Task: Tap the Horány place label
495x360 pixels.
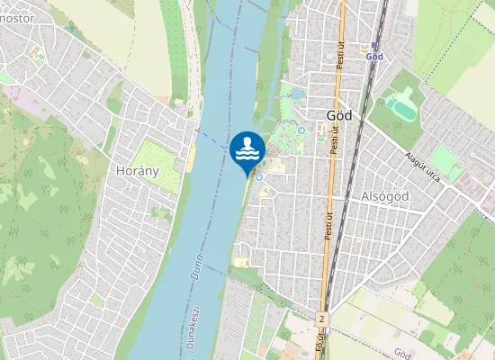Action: [x=138, y=169]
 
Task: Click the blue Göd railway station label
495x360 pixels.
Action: [x=375, y=56]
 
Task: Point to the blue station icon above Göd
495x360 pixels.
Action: [x=374, y=44]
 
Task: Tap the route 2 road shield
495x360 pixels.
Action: [x=321, y=319]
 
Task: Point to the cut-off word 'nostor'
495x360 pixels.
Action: [x=17, y=17]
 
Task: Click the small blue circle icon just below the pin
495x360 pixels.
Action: [x=258, y=177]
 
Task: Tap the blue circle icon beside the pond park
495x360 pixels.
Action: [x=301, y=130]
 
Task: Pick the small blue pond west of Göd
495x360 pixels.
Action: [x=297, y=93]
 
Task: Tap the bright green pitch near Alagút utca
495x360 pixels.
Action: [x=442, y=161]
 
